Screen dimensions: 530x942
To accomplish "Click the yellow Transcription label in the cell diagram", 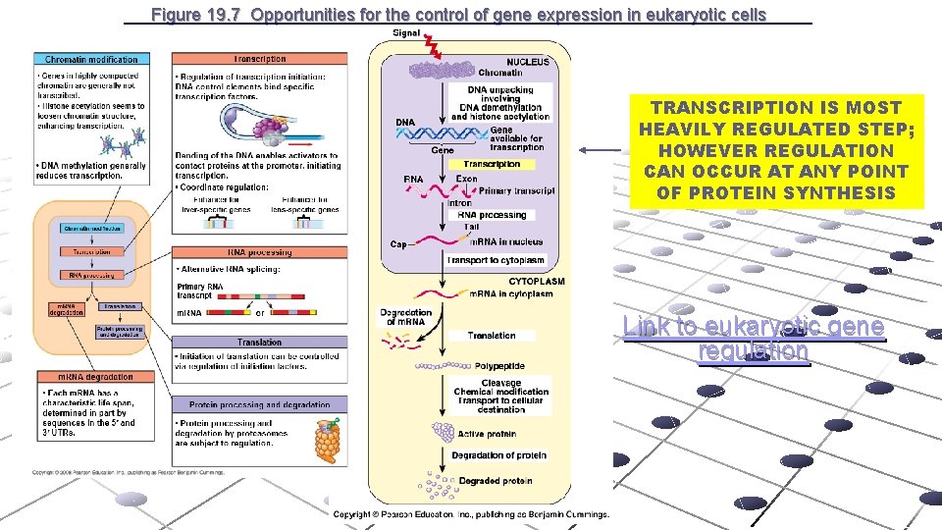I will (x=492, y=165).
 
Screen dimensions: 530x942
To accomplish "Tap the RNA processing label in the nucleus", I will (x=492, y=215).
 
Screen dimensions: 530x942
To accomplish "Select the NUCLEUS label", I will (x=528, y=62).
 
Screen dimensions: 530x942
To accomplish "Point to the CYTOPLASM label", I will (x=536, y=281).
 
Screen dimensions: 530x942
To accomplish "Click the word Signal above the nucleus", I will (x=406, y=32).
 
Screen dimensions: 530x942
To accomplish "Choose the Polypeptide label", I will (x=499, y=366).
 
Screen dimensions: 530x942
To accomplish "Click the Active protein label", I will (x=488, y=434).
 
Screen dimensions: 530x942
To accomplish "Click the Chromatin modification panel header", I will (x=90, y=60).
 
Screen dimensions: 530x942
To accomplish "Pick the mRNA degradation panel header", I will (x=83, y=377).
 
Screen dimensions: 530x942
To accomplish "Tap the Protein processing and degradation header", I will (x=259, y=404).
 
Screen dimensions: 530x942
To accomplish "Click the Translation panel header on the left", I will (x=259, y=343).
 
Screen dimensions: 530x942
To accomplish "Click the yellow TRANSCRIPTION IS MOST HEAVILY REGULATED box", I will (x=776, y=150).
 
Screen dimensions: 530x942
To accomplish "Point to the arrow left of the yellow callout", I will (x=601, y=150).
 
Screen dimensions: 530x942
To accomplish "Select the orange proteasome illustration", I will (x=328, y=442).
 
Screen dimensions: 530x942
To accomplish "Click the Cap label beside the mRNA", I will (x=398, y=244).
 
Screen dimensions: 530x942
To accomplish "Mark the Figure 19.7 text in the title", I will (x=198, y=15).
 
